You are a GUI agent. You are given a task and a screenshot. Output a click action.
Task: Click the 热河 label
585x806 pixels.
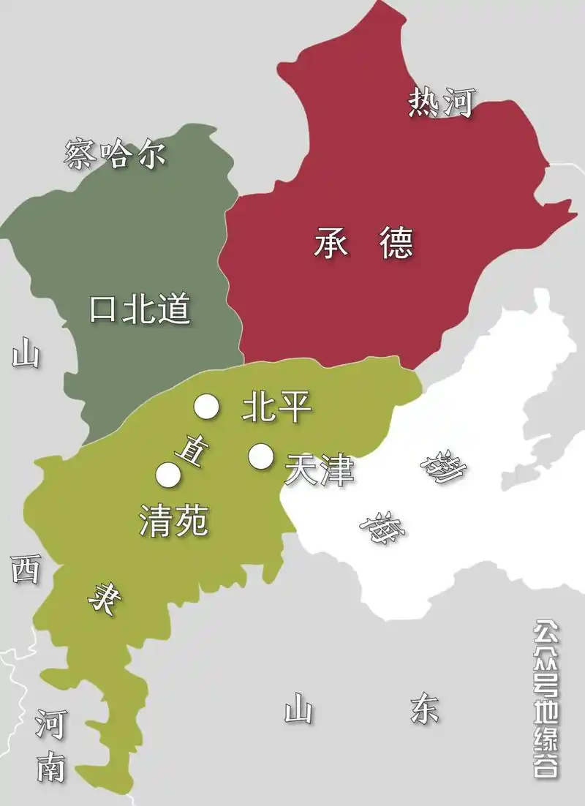tap(442, 103)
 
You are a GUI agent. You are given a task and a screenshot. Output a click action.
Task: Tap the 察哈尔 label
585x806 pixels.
tap(116, 154)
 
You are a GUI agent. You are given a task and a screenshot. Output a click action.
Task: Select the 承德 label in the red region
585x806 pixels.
tap(363, 243)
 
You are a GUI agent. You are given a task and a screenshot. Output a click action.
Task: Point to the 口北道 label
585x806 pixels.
tap(140, 310)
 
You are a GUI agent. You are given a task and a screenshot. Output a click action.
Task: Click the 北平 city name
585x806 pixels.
tap(276, 407)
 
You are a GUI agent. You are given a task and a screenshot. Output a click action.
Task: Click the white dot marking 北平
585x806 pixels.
tap(206, 407)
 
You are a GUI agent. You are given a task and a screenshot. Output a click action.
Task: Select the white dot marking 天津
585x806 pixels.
tap(260, 456)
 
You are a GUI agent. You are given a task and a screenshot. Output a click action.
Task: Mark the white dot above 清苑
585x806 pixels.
tap(168, 475)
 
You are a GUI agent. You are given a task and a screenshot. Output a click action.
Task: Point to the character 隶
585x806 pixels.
tap(102, 600)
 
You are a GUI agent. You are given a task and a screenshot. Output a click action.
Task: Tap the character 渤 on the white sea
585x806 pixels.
tap(442, 468)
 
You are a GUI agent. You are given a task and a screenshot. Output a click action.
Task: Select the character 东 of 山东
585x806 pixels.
tap(425, 708)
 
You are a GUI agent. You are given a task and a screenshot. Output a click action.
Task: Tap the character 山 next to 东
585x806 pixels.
tap(298, 708)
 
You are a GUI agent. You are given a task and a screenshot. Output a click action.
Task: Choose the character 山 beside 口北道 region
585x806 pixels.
tap(26, 355)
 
